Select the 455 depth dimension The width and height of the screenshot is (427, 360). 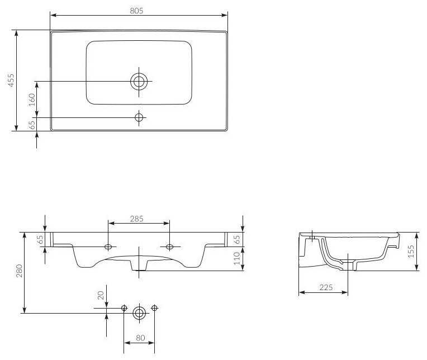coord(11,81)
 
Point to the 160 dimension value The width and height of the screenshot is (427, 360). coord(32,100)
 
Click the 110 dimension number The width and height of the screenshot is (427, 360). coord(236,258)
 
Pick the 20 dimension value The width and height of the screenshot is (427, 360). coord(101,295)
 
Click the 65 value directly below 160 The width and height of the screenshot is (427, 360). coord(32,125)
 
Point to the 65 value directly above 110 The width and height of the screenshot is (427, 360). coord(236,239)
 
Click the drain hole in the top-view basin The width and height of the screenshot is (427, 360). coord(139,82)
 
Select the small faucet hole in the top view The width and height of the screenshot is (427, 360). coord(139,117)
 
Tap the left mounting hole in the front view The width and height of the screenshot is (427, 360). coord(108,247)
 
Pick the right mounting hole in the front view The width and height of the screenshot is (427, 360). coord(170,247)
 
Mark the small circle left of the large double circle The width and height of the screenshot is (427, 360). coord(124,308)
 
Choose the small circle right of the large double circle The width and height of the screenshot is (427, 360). coord(155,308)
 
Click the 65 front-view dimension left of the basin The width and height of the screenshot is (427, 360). coord(40,239)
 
